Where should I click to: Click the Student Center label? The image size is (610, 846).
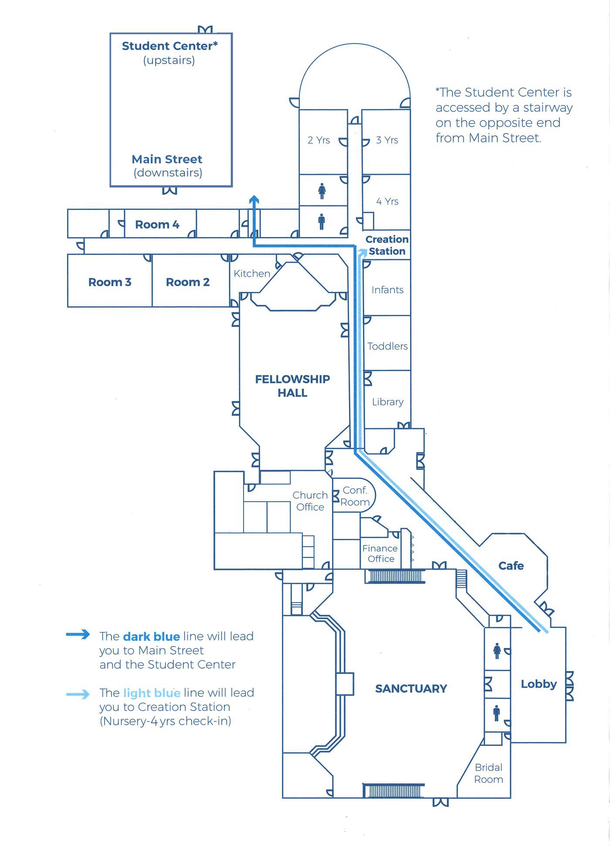(x=169, y=46)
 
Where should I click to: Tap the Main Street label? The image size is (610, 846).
(x=167, y=159)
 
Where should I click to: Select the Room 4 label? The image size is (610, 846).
(x=157, y=225)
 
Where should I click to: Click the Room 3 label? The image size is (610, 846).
(x=110, y=282)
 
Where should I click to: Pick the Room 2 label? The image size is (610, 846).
(x=188, y=282)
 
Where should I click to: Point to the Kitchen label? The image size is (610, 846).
(x=252, y=274)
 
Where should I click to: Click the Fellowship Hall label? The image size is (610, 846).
(x=292, y=386)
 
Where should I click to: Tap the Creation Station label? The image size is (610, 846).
(x=387, y=245)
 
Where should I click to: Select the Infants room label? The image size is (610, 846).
(x=387, y=290)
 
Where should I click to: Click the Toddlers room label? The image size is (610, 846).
(x=387, y=346)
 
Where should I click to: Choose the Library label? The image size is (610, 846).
(x=387, y=402)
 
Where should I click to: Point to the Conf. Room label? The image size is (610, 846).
(x=355, y=496)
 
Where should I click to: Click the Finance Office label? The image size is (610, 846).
(x=380, y=554)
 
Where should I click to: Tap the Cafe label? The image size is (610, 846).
(x=511, y=566)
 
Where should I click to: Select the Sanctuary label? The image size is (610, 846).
(x=411, y=689)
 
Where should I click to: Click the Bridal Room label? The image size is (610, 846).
(x=488, y=773)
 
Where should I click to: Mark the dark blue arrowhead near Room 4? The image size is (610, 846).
(x=254, y=200)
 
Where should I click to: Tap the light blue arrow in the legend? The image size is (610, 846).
(x=78, y=694)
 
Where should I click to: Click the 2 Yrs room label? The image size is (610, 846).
(x=319, y=140)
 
